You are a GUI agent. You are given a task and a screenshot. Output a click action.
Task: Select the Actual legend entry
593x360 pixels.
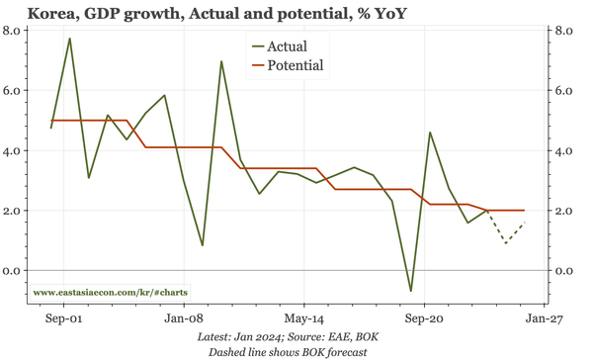(287, 46)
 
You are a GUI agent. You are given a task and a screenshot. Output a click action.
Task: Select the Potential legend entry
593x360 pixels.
(296, 66)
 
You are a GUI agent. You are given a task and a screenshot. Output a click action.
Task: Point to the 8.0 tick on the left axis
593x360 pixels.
(13, 31)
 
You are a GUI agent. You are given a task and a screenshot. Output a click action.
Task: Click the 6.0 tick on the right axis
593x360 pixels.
(564, 91)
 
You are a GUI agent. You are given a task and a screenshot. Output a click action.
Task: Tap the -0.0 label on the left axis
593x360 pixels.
(13, 271)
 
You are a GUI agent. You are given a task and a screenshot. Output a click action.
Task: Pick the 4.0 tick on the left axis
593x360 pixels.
(13, 151)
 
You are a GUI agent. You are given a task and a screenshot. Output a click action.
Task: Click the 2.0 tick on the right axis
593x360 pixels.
(564, 212)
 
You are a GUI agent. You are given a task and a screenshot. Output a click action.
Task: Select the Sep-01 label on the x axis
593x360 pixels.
(64, 320)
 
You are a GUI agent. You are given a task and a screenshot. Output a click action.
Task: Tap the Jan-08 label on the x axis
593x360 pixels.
(184, 320)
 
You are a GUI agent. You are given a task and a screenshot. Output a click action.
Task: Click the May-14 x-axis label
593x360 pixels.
(303, 320)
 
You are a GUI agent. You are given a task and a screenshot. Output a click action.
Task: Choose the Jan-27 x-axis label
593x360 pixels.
(543, 320)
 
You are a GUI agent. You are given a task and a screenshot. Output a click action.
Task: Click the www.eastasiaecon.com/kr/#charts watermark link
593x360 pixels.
(111, 293)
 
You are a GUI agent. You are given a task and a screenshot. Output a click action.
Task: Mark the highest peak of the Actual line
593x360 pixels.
(69, 39)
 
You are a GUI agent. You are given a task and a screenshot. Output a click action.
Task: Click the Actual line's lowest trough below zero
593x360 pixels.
(411, 291)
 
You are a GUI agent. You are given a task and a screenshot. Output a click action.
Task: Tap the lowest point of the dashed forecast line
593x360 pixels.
(506, 243)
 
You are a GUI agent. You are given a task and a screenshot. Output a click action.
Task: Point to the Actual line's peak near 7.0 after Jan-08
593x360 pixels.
(221, 61)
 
